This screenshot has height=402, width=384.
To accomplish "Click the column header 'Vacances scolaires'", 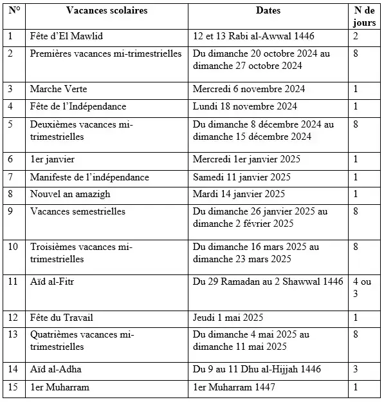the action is tap(107, 10).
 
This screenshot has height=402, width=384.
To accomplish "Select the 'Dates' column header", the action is tap(268, 10).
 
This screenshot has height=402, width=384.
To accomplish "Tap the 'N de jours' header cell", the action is tap(365, 15).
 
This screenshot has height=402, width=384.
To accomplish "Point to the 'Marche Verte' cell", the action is tap(59, 88).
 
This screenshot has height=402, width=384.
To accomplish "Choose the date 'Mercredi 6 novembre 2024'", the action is tap(249, 88).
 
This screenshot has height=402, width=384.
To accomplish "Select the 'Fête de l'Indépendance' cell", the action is tap(78, 106).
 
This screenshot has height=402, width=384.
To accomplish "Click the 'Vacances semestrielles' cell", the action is tap(78, 211).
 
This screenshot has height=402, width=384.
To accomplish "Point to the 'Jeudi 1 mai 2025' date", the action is tap(230, 317).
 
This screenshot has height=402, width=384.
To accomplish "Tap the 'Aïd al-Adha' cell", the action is tap(55, 370).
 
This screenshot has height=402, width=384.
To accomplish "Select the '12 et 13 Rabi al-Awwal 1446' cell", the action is tap(254, 37).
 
